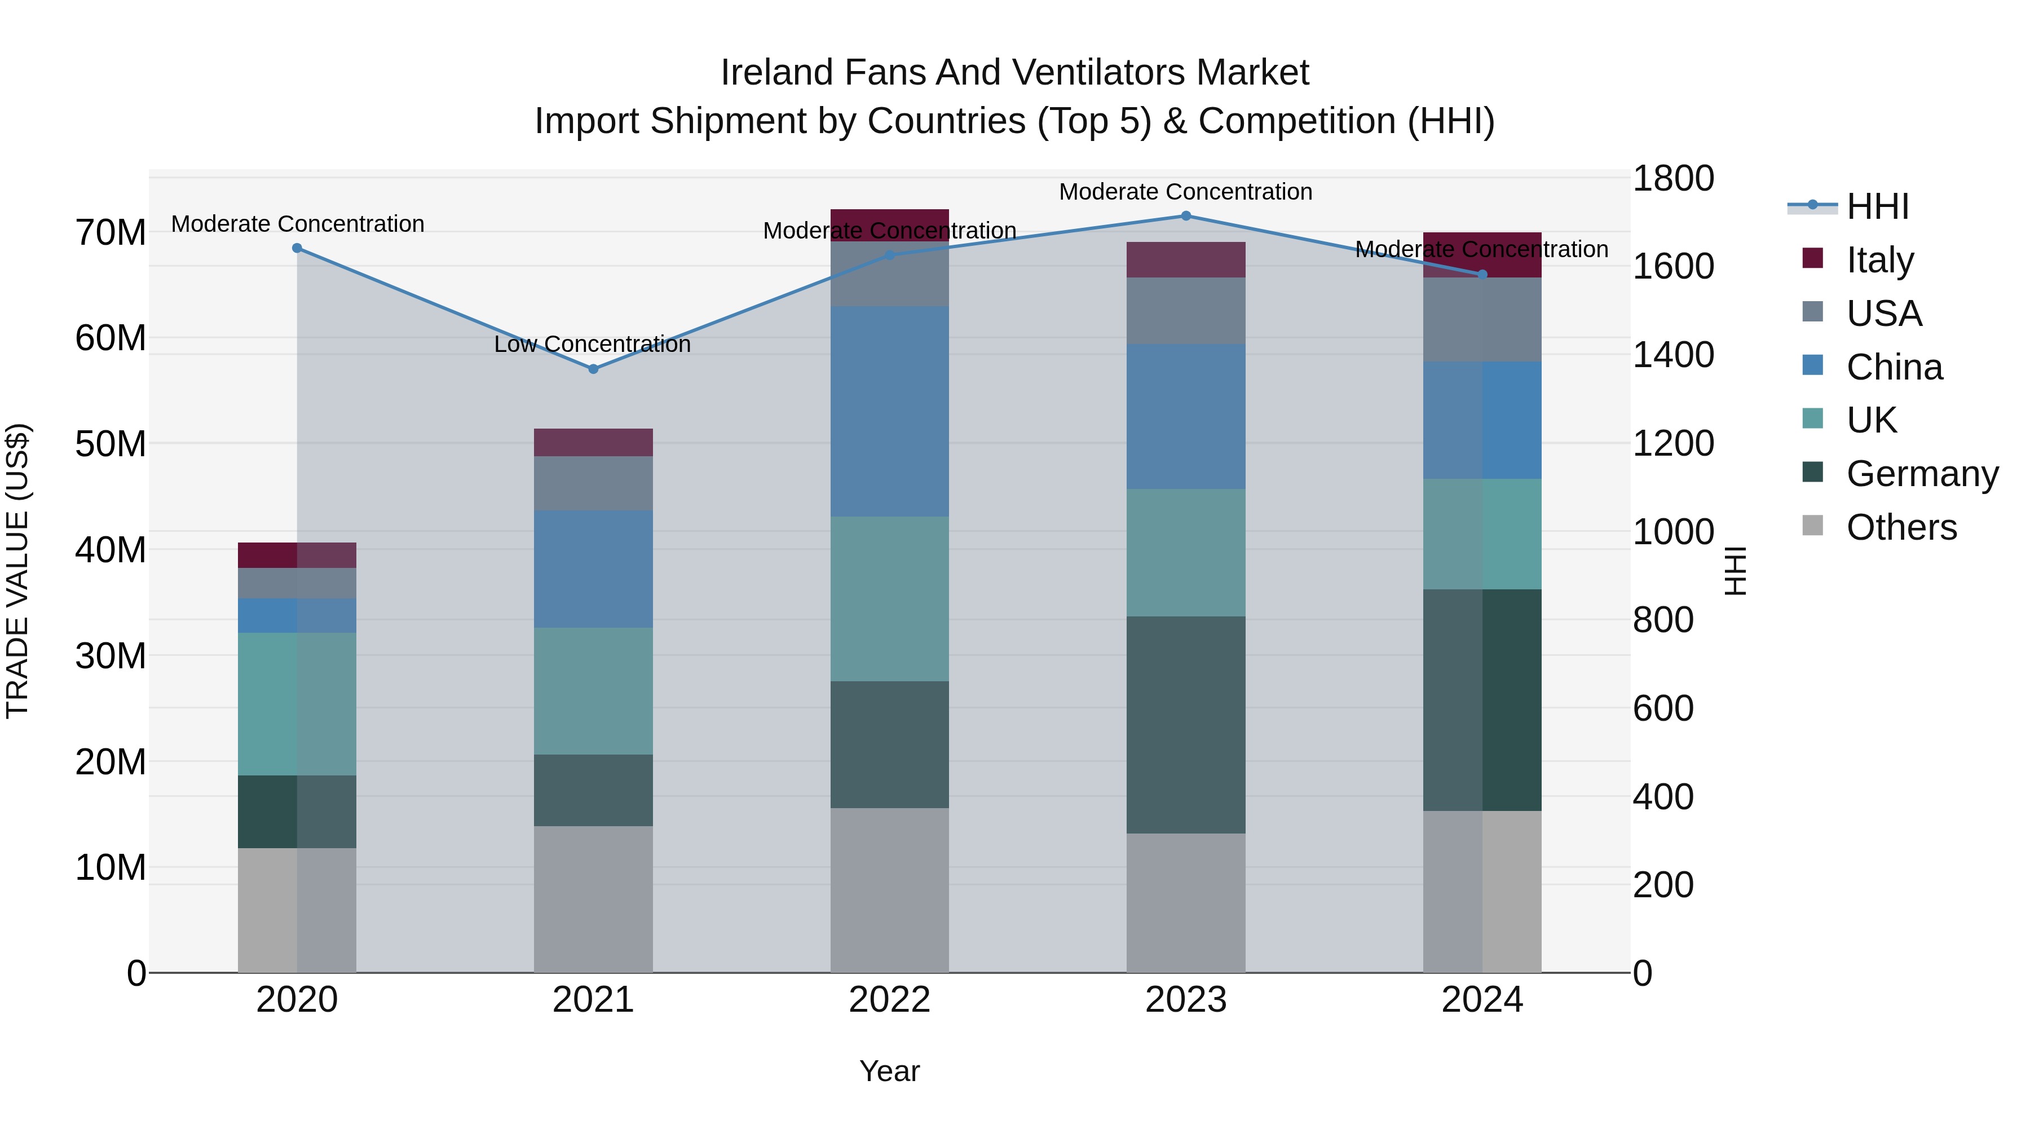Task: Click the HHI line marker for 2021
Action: pyautogui.click(x=593, y=369)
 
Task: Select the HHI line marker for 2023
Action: pyautogui.click(x=1185, y=216)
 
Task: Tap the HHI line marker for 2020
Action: pyautogui.click(x=297, y=248)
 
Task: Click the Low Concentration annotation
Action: pyautogui.click(x=592, y=345)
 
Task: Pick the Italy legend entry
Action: pyautogui.click(x=1879, y=260)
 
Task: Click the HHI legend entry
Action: pyautogui.click(x=1877, y=206)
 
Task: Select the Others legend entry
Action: pyautogui.click(x=1901, y=527)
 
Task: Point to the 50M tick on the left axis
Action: pyautogui.click(x=111, y=444)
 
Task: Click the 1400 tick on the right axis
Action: pyautogui.click(x=1672, y=355)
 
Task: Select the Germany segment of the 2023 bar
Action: pyautogui.click(x=1185, y=725)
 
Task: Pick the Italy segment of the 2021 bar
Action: pyautogui.click(x=593, y=443)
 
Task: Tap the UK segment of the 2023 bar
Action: pyautogui.click(x=1185, y=553)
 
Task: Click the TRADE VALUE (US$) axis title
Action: pyautogui.click(x=17, y=571)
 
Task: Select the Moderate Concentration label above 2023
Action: pyautogui.click(x=1185, y=192)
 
